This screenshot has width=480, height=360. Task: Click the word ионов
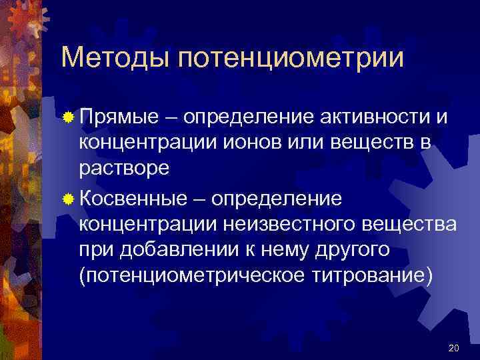pyautogui.click(x=257, y=143)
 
